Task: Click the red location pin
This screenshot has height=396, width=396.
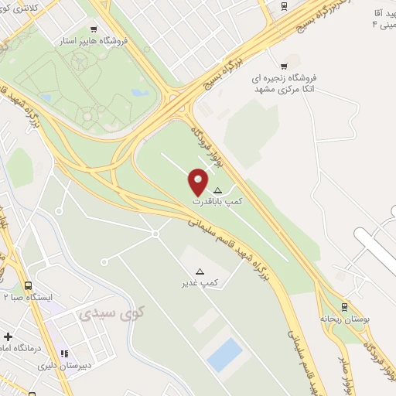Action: click(x=198, y=182)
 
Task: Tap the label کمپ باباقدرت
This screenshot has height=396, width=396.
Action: click(x=217, y=201)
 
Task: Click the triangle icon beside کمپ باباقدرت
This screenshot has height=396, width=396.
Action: click(x=217, y=190)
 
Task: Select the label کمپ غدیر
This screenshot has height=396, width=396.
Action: click(x=200, y=283)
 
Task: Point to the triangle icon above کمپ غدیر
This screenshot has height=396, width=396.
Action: click(x=200, y=271)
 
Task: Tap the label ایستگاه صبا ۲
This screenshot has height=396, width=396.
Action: click(x=27, y=296)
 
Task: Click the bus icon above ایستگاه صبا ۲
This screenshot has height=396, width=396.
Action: click(x=28, y=285)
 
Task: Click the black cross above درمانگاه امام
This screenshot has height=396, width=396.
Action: click(x=8, y=337)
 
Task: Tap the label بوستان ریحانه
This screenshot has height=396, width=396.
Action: click(x=341, y=318)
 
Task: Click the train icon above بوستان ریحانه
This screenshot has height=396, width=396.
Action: click(x=344, y=306)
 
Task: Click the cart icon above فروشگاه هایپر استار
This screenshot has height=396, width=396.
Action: click(x=94, y=29)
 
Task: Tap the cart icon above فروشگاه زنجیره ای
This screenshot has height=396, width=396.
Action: click(x=284, y=66)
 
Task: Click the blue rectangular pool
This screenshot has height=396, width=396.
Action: click(x=225, y=354)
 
